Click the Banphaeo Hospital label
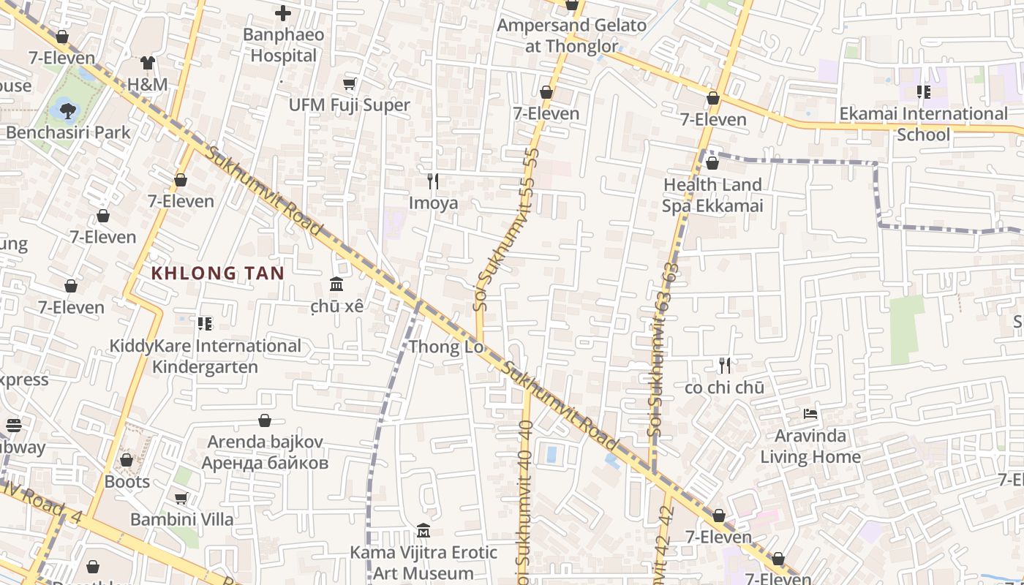[x=284, y=45]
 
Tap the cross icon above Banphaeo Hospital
[x=283, y=12]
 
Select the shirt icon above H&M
[x=148, y=63]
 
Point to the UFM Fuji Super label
[x=349, y=105]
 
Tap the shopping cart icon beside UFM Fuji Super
[x=350, y=84]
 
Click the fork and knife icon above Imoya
[x=433, y=181]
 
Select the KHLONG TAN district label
[x=217, y=273]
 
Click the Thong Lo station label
[x=446, y=347]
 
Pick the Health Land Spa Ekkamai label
[x=712, y=195]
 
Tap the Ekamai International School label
[x=923, y=124]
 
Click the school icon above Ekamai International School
[x=923, y=92]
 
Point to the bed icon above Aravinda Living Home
[x=810, y=414]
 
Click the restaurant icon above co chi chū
[x=724, y=365]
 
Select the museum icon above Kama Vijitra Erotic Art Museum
[x=423, y=530]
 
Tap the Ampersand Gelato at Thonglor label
[x=571, y=36]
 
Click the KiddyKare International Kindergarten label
[x=206, y=356]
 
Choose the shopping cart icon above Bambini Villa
[x=181, y=498]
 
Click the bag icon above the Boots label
[x=127, y=460]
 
